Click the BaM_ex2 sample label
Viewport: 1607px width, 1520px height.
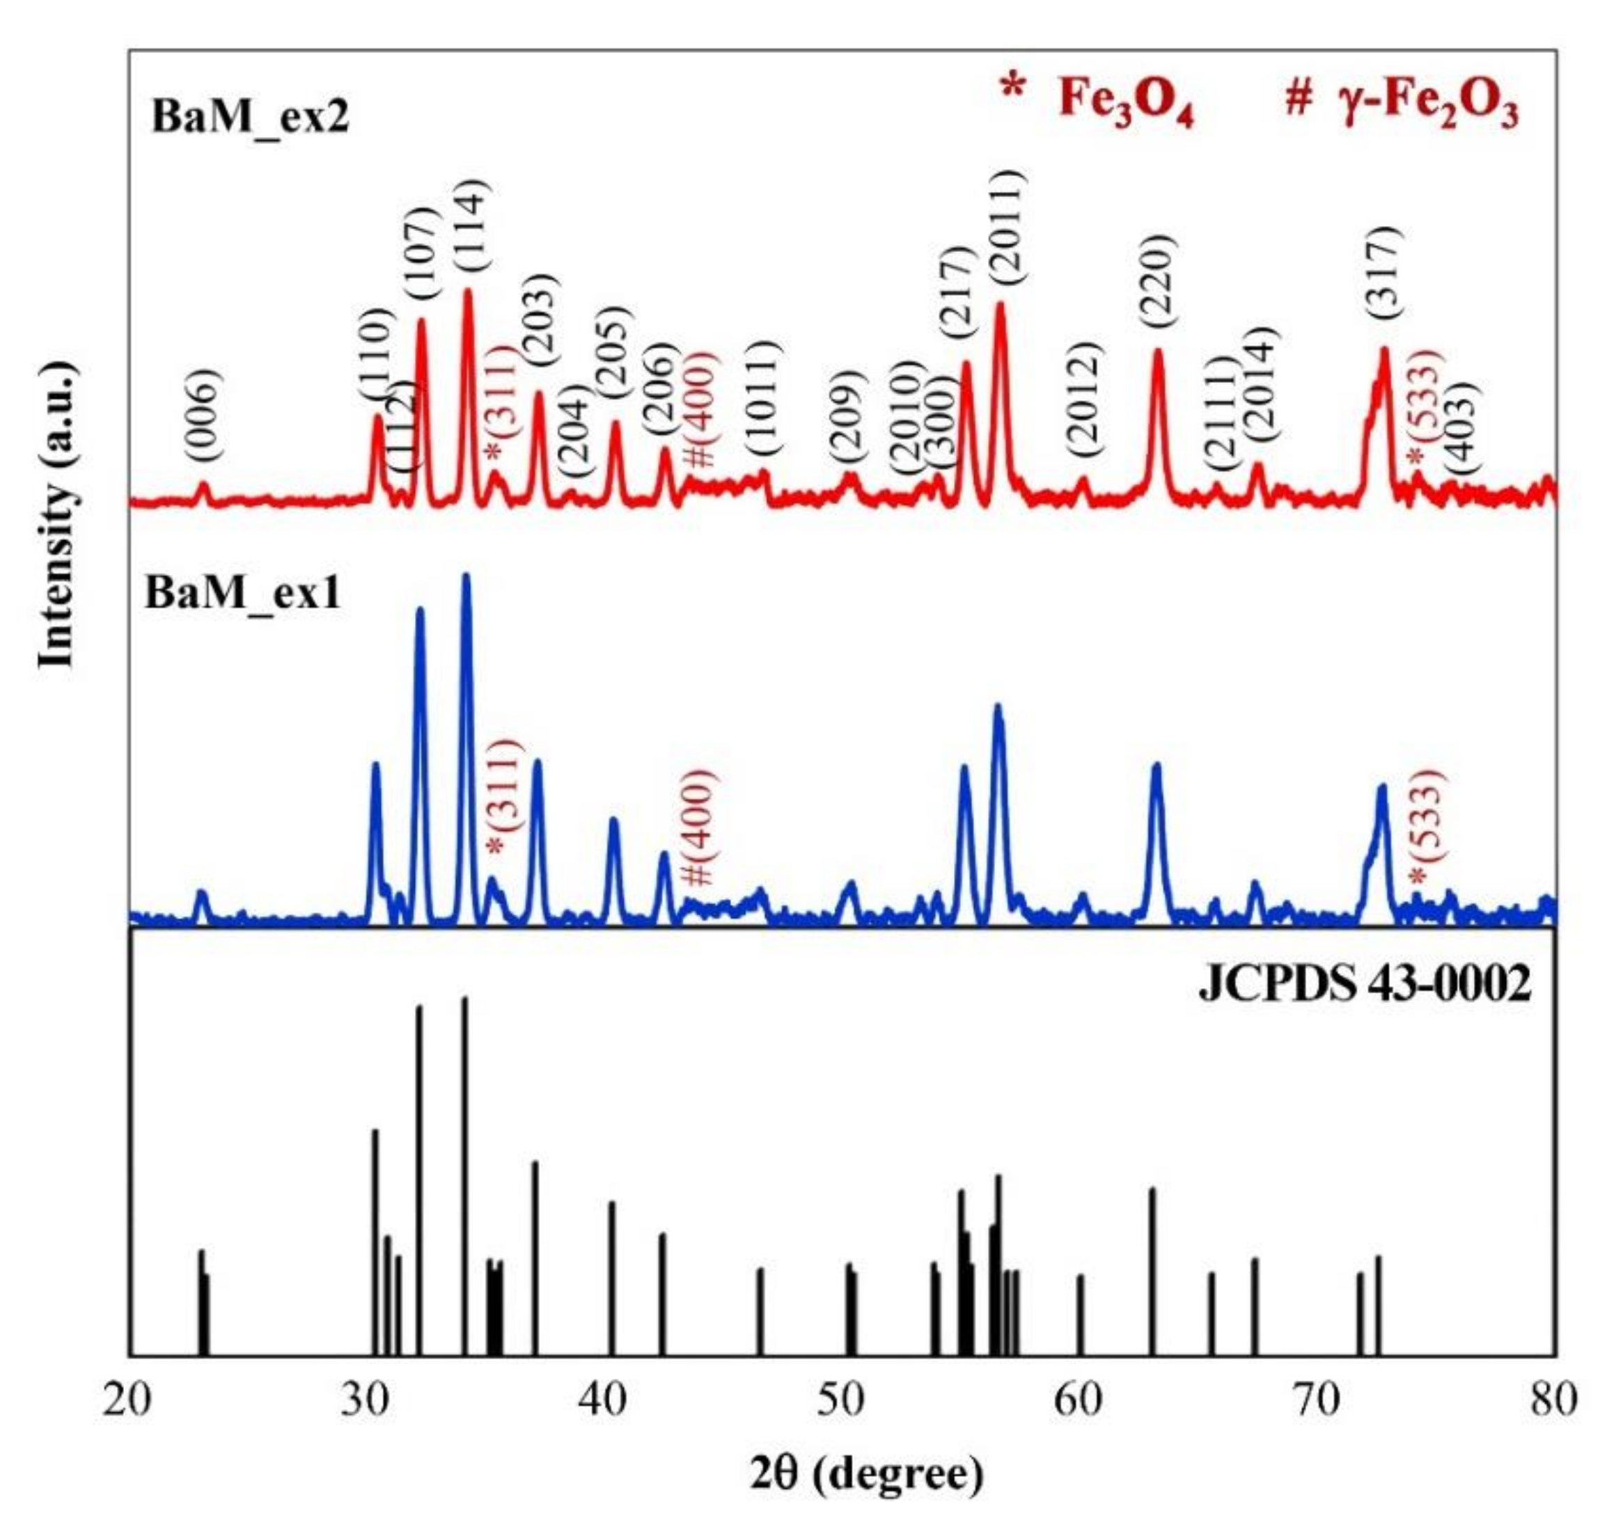pos(249,118)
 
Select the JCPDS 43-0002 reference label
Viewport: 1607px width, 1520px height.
pos(1365,986)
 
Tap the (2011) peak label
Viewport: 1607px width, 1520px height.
pos(1005,227)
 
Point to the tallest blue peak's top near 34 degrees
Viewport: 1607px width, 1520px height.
pos(466,577)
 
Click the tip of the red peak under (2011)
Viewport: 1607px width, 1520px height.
pos(1000,306)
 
